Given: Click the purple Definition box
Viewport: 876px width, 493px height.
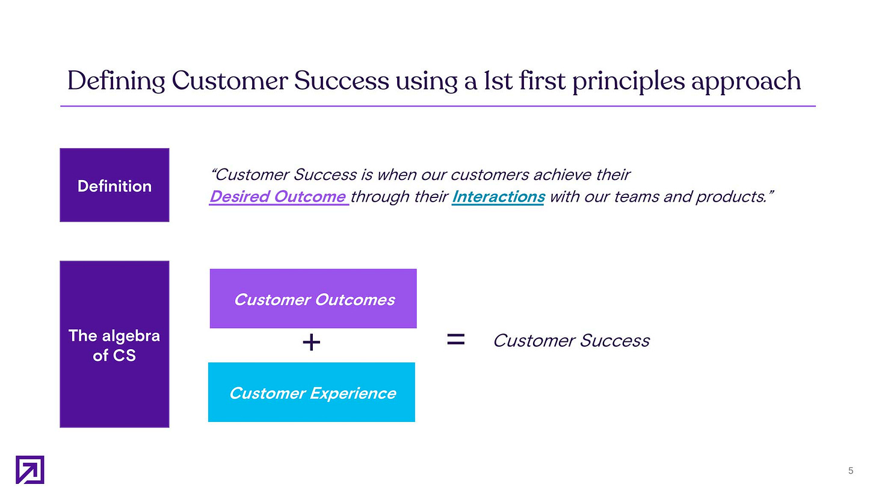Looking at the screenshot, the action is [114, 185].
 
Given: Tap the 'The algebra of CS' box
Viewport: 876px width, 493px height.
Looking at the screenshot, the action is [114, 344].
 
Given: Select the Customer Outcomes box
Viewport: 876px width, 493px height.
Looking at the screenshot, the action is [313, 299].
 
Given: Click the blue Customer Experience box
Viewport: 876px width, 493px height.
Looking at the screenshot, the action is [312, 392].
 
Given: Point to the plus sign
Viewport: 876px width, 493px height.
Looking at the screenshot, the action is [312, 343].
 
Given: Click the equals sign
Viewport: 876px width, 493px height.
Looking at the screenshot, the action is [456, 340].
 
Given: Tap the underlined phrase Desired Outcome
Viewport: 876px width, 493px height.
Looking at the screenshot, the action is [278, 196].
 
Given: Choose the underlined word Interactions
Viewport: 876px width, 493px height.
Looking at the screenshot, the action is [498, 196].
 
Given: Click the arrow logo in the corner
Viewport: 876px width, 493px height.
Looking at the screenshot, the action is [29, 470].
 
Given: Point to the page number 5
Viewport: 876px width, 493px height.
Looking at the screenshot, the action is [851, 471].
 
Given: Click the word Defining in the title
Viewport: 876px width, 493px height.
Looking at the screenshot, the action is [116, 81].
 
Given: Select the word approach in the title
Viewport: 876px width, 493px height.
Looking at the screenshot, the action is [746, 81].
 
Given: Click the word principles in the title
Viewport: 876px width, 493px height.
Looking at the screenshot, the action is [629, 81].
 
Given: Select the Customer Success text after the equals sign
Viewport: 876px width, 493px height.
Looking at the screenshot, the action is [572, 341].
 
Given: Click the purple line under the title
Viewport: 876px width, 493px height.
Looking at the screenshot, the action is [438, 106].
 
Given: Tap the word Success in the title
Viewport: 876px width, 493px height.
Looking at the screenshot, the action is [341, 81].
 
